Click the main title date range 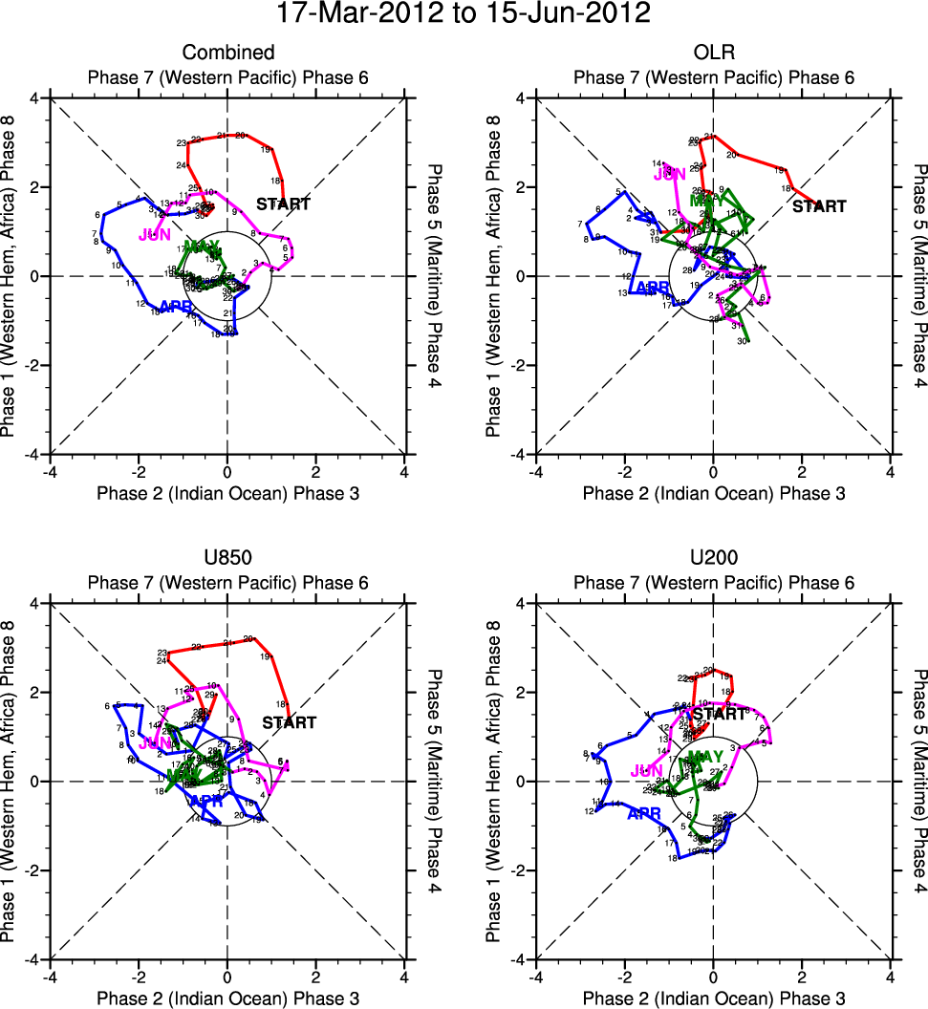click(464, 14)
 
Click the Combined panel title click(227, 53)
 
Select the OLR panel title click(713, 53)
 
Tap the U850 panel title click(227, 558)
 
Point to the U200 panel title click(713, 558)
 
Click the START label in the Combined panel click(284, 204)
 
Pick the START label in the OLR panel click(820, 206)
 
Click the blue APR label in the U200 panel click(644, 815)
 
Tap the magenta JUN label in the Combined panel click(155, 235)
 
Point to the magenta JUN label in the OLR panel click(670, 174)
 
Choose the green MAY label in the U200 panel click(705, 758)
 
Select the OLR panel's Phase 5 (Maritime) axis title click(917, 276)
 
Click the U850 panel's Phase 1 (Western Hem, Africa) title click(11, 782)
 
